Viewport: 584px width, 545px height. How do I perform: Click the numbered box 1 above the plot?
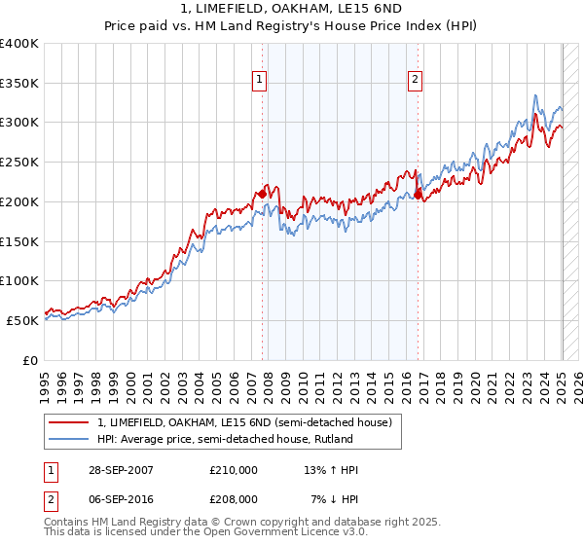pos(261,81)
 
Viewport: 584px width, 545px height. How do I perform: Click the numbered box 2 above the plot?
pos(415,81)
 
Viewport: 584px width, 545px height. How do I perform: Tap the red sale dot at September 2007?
pos(262,194)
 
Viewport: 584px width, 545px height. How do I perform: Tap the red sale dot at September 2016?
pos(418,195)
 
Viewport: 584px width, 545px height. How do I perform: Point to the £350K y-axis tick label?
pos(19,83)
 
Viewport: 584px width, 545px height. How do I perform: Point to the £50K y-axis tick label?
pos(23,320)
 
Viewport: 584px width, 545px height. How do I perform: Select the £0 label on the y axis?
pos(31,360)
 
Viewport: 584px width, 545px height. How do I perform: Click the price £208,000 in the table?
pos(234,499)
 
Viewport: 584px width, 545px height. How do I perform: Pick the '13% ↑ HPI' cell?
pos(332,471)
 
